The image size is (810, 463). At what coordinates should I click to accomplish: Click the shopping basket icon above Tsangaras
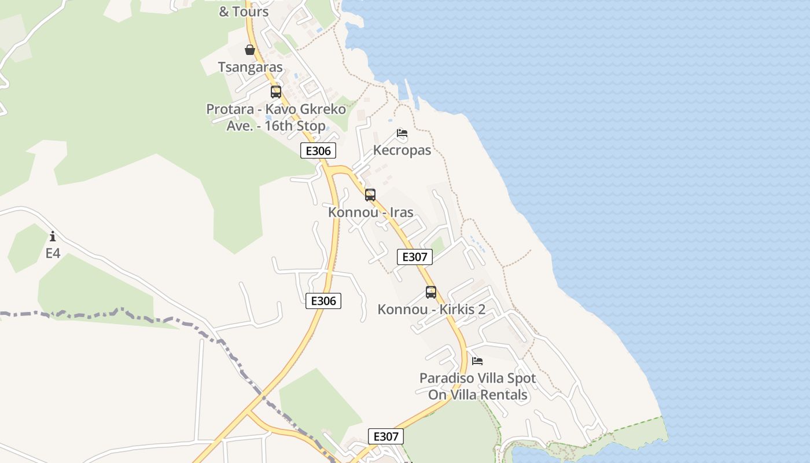[250, 50]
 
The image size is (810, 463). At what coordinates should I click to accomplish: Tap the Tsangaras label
[251, 67]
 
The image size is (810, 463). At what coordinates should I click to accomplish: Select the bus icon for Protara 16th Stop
[276, 91]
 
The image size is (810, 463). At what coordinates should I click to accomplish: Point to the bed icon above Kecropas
[402, 133]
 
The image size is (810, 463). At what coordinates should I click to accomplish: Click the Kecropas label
[402, 150]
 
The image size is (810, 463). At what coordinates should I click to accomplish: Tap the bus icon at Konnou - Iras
[370, 195]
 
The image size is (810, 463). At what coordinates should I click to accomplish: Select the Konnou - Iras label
[371, 212]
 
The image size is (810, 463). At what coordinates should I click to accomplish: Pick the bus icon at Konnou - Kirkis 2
[431, 292]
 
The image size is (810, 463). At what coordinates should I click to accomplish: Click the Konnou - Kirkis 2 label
[431, 310]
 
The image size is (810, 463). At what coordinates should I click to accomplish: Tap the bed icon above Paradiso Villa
[477, 361]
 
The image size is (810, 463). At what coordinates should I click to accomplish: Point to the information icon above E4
[53, 236]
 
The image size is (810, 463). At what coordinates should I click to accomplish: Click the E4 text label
[53, 253]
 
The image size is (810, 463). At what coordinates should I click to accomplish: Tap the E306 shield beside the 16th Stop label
[318, 151]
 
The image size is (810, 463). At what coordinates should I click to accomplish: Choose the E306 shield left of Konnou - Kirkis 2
[323, 301]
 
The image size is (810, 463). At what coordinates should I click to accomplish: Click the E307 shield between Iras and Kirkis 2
[415, 257]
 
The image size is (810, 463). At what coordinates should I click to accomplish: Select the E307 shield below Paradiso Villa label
[386, 436]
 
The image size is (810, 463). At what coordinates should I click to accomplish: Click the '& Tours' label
[244, 12]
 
